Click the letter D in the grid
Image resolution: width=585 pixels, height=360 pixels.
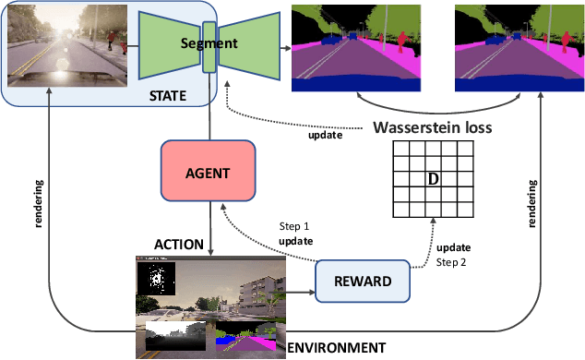[x=430, y=176]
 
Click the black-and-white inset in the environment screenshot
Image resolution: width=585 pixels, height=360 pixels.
[x=154, y=277]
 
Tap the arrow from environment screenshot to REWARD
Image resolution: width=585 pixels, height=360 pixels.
[x=299, y=294]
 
